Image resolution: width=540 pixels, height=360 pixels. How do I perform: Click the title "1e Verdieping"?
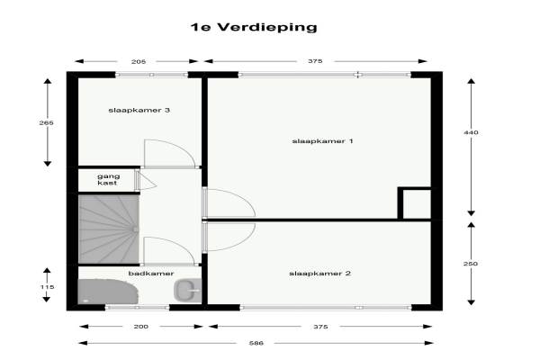click(254, 27)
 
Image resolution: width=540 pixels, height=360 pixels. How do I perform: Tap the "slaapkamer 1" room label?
click(322, 141)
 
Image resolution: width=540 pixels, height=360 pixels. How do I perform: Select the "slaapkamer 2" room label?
click(319, 274)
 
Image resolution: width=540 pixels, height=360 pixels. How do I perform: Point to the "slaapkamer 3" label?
click(139, 110)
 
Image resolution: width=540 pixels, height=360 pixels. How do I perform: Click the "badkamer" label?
click(151, 274)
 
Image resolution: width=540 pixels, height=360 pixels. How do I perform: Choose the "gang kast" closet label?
click(108, 179)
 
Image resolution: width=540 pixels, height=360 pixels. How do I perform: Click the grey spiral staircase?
click(109, 229)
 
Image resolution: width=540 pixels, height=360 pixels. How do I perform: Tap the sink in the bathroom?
click(187, 290)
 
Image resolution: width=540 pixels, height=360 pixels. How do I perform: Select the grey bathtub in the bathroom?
click(108, 292)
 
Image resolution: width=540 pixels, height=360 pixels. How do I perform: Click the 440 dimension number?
click(471, 132)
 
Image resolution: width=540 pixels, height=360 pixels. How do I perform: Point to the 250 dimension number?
click(471, 264)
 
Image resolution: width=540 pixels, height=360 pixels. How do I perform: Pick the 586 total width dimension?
click(256, 343)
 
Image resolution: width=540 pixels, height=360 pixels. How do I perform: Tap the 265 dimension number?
click(46, 122)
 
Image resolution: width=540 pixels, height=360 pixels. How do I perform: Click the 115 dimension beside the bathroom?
click(47, 287)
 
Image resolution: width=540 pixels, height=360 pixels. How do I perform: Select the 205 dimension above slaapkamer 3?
click(139, 62)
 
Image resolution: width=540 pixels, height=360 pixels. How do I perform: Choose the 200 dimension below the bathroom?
click(141, 327)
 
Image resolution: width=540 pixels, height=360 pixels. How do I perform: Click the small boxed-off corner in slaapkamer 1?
click(414, 203)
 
